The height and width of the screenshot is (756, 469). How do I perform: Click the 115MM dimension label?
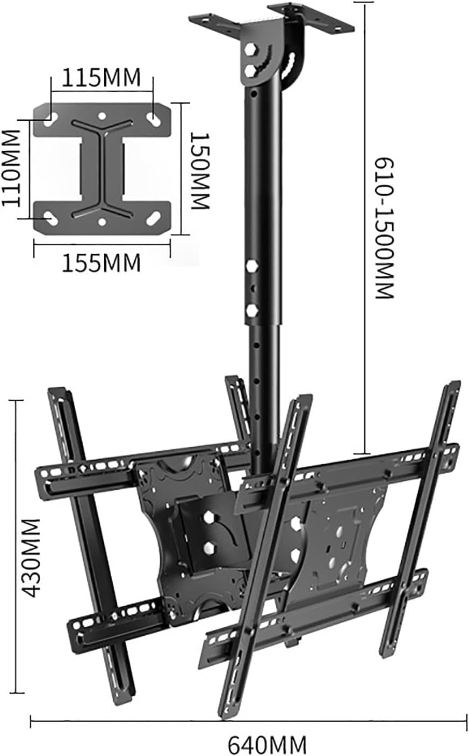pyautogui.click(x=101, y=78)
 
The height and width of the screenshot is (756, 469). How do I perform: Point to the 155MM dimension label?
pyautogui.click(x=101, y=263)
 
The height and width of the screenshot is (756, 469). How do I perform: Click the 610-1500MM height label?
pyautogui.click(x=384, y=227)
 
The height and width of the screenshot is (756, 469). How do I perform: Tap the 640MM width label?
pyautogui.click(x=267, y=744)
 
